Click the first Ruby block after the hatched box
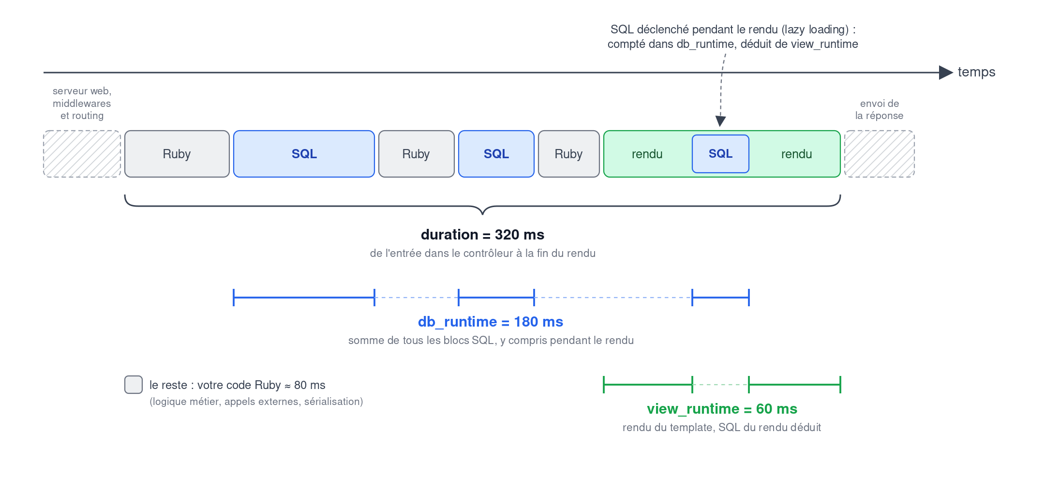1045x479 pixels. [177, 154]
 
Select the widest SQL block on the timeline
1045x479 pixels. [304, 154]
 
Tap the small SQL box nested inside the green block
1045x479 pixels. [720, 154]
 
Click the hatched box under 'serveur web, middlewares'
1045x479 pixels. [82, 154]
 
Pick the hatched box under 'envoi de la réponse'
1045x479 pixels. [880, 154]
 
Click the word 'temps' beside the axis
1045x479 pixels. [976, 72]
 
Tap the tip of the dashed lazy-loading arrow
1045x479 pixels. [720, 126]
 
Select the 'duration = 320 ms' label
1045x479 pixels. [482, 235]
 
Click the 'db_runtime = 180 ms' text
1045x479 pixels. [491, 322]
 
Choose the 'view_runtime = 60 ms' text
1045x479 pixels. [722, 409]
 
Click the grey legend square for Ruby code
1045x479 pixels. [134, 385]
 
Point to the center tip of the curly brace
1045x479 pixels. [482, 213]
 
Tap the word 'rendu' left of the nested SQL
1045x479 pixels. [647, 154]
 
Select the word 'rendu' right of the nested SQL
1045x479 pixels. [796, 154]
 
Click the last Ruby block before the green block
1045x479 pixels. [569, 154]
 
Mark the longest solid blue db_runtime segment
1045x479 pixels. [304, 298]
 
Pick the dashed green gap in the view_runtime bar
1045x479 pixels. [720, 385]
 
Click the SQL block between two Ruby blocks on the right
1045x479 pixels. [496, 154]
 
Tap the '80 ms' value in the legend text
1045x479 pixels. [310, 385]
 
